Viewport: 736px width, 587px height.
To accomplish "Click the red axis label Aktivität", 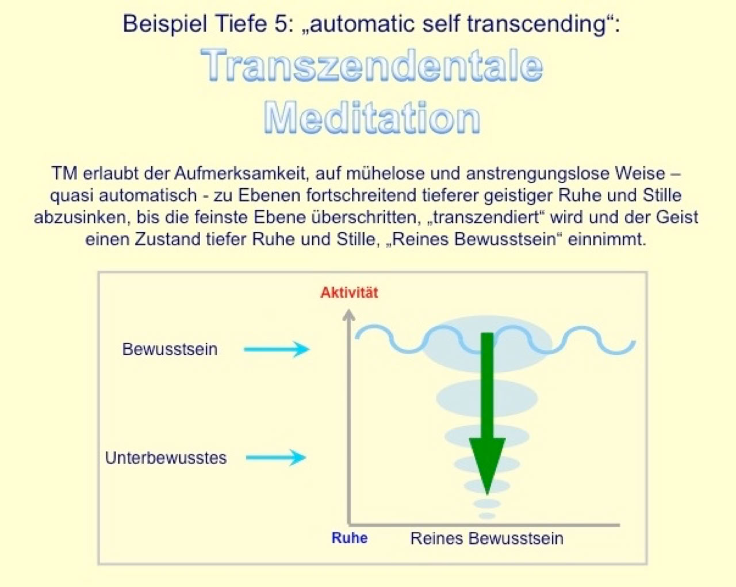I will click(x=349, y=292).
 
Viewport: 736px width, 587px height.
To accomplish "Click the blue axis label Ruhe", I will click(x=349, y=538).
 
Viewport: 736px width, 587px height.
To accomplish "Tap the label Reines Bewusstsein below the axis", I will click(x=486, y=539).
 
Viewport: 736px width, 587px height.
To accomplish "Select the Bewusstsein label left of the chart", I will click(x=170, y=349).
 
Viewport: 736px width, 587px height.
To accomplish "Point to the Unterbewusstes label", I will click(x=166, y=458).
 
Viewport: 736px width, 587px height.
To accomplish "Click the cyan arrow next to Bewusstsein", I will click(x=277, y=349).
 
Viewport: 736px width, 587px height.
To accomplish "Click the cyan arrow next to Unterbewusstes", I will click(x=276, y=458).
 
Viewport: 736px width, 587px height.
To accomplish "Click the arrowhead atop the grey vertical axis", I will click(x=348, y=315).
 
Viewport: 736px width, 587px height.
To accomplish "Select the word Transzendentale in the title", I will click(x=371, y=65).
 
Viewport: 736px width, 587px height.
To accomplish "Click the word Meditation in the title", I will click(x=371, y=118).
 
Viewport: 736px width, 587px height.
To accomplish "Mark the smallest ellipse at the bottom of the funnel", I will click(x=487, y=516).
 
